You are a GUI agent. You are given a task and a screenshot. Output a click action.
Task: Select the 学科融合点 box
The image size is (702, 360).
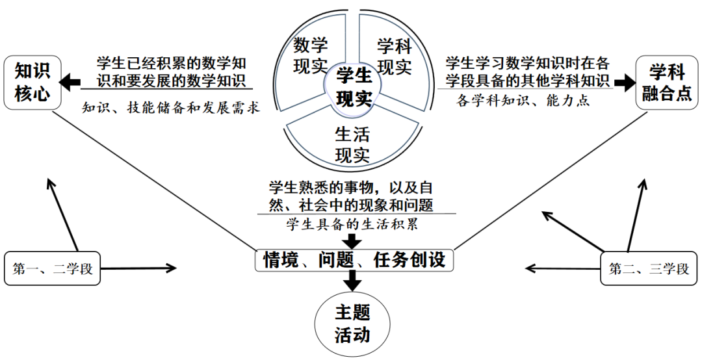(x=666, y=83)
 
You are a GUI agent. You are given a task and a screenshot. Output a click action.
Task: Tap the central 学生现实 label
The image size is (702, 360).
(x=354, y=87)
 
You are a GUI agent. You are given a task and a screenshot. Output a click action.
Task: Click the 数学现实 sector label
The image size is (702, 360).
(x=311, y=56)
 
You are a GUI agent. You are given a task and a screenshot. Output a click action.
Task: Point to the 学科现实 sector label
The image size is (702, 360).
(x=395, y=56)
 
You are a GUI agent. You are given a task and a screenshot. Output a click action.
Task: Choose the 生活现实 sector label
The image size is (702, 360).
(x=352, y=144)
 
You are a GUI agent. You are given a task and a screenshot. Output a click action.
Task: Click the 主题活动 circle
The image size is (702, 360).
(x=352, y=324)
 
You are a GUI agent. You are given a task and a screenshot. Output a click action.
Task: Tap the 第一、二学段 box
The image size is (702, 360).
(x=53, y=268)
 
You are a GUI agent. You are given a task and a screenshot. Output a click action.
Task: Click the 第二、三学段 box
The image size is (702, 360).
(x=649, y=268)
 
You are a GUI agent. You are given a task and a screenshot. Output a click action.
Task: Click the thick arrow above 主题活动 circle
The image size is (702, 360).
(x=353, y=281)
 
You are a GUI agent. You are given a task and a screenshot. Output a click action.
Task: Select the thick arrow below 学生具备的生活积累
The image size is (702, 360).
(x=353, y=240)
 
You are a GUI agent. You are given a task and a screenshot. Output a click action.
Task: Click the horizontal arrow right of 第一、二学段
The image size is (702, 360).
(x=140, y=268)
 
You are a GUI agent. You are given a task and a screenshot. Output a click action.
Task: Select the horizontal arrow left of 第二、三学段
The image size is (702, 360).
(x=562, y=268)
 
